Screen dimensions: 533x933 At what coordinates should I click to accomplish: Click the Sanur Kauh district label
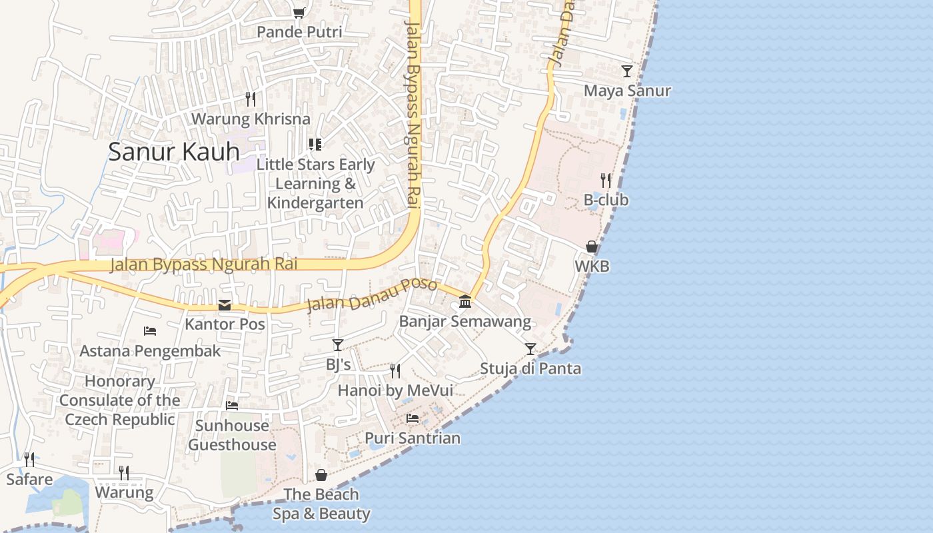pyautogui.click(x=173, y=152)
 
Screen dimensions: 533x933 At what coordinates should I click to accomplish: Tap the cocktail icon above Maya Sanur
pyautogui.click(x=626, y=71)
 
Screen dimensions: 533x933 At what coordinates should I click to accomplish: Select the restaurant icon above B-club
pyautogui.click(x=605, y=180)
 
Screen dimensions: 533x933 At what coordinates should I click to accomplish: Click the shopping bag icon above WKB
pyautogui.click(x=591, y=247)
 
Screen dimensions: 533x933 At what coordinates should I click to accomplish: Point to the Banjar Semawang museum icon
pyautogui.click(x=465, y=302)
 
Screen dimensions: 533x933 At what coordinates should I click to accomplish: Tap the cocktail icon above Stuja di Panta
pyautogui.click(x=530, y=348)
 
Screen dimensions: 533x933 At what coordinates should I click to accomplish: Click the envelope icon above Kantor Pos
pyautogui.click(x=225, y=305)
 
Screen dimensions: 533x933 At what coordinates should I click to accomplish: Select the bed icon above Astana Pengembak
pyautogui.click(x=150, y=330)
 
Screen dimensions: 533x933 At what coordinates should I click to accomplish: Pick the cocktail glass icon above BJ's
pyautogui.click(x=338, y=344)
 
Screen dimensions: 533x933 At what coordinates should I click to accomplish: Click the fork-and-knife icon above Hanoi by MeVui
pyautogui.click(x=395, y=370)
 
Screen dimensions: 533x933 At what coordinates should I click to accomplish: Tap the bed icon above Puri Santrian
pyautogui.click(x=413, y=418)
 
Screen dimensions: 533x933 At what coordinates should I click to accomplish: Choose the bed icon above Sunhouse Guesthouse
pyautogui.click(x=232, y=405)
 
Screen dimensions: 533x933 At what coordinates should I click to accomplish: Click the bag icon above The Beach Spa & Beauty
pyautogui.click(x=321, y=475)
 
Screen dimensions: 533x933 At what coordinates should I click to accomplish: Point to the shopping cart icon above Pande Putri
pyautogui.click(x=299, y=13)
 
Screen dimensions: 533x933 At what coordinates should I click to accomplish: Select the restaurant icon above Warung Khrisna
pyautogui.click(x=251, y=99)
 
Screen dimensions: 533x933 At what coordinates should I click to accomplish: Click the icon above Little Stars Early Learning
pyautogui.click(x=315, y=145)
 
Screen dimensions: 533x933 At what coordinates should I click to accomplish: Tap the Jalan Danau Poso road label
pyautogui.click(x=371, y=295)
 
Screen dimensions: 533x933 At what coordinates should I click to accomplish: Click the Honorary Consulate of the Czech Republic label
pyautogui.click(x=120, y=400)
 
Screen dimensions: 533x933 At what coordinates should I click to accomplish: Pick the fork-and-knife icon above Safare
pyautogui.click(x=29, y=459)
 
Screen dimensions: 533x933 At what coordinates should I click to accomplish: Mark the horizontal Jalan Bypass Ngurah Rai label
pyautogui.click(x=203, y=265)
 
